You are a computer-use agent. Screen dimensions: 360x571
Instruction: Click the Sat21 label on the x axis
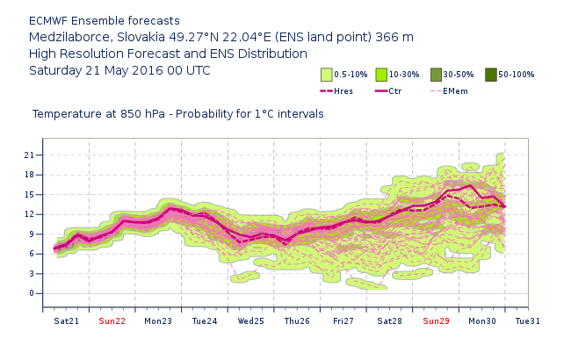pos(66,321)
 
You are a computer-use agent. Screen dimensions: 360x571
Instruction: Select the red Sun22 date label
pos(112,321)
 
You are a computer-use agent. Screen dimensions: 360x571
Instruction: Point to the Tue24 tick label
pos(204,321)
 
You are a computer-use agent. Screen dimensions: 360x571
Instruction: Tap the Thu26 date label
pos(297,321)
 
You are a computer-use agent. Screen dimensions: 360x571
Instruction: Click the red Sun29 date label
pos(436,321)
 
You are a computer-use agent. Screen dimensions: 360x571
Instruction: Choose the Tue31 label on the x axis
pos(528,321)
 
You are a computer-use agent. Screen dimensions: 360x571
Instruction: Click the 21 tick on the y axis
pos(29,155)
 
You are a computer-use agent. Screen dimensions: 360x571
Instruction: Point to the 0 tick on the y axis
pos(32,293)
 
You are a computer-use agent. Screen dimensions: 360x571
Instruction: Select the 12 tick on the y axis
pos(29,214)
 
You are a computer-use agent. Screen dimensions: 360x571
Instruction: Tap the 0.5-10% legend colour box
pos(326,75)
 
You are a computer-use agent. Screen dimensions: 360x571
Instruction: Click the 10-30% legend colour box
pos(381,75)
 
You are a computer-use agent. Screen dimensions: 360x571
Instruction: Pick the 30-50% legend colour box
pos(437,75)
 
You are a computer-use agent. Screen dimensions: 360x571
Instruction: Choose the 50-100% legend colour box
pos(491,75)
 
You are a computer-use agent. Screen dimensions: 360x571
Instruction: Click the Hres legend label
pos(343,90)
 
